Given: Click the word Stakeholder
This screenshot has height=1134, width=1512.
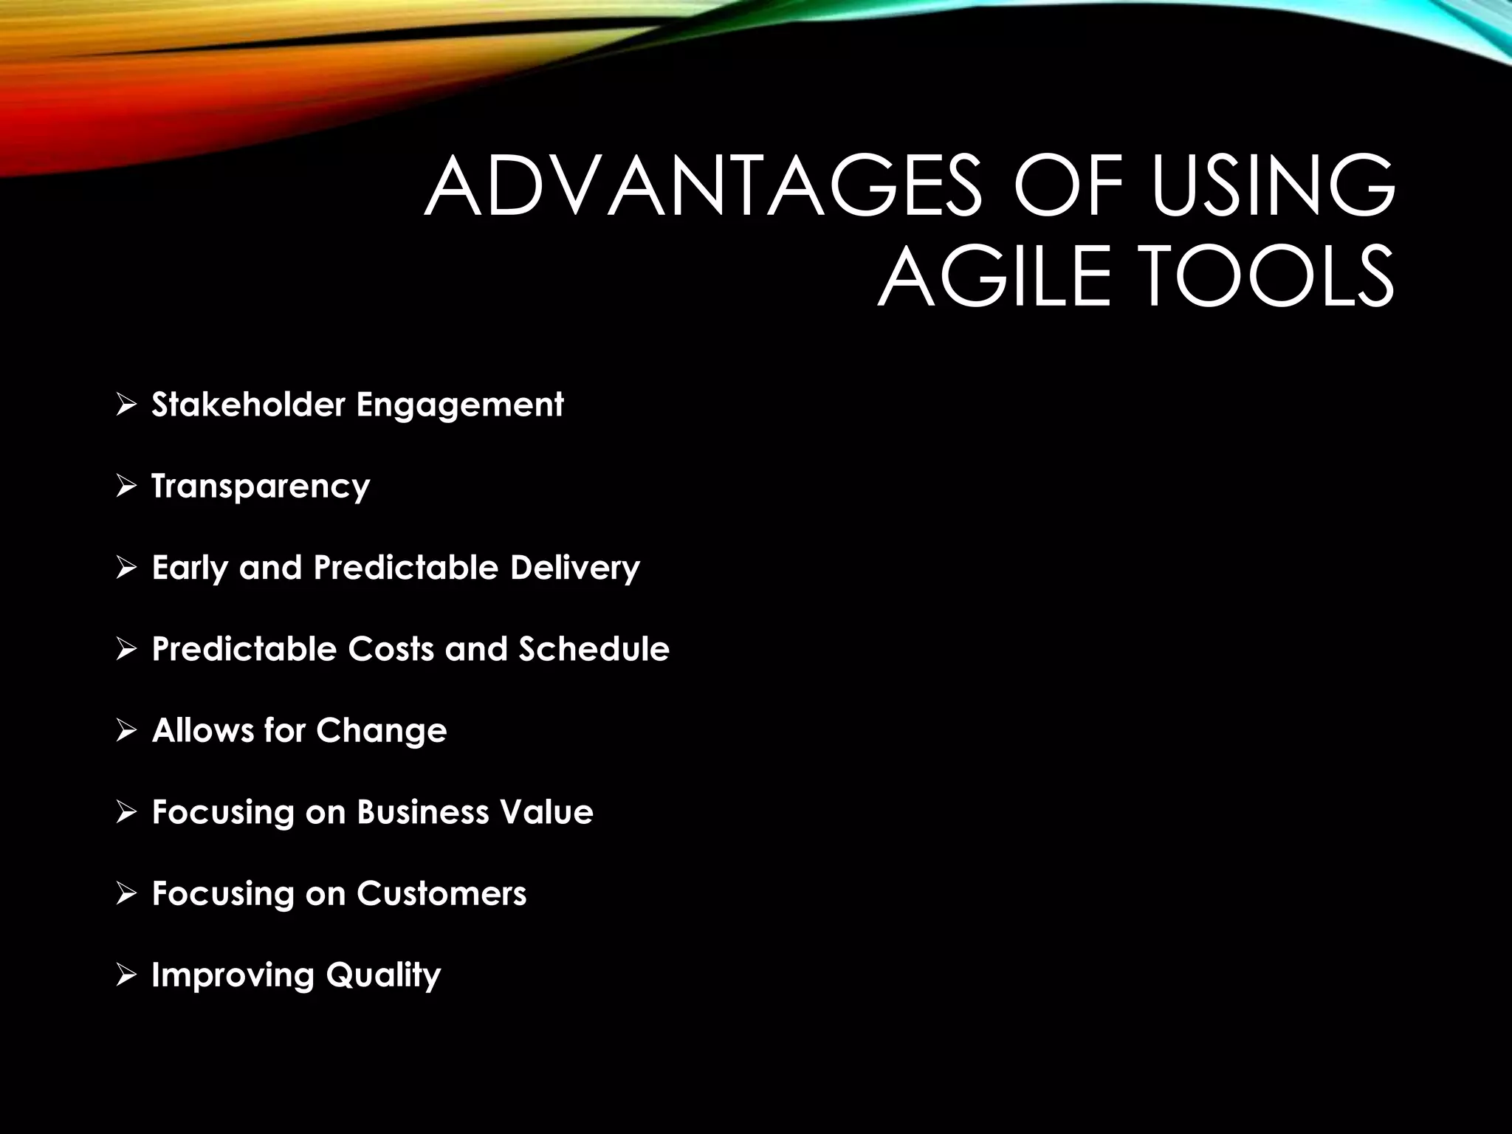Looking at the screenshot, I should point(248,405).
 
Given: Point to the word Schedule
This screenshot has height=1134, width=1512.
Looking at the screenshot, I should point(594,649).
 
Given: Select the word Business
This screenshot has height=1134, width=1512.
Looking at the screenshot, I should point(423,812).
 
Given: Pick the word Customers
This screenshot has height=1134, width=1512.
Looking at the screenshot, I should point(441,893).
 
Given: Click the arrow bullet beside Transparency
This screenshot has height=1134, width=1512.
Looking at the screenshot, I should point(126,487).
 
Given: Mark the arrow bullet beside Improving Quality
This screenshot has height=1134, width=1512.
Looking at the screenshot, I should point(126,975).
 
